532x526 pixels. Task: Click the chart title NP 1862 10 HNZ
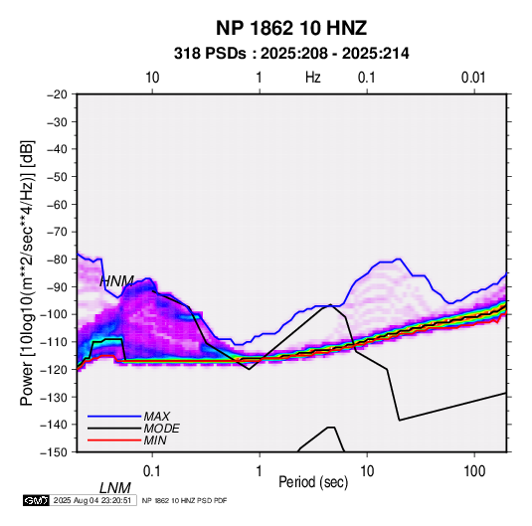click(291, 28)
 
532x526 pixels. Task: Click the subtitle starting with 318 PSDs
click(291, 54)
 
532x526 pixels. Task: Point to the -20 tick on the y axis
click(57, 94)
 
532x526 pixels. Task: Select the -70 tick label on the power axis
click(57, 232)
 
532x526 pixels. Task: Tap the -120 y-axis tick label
click(54, 369)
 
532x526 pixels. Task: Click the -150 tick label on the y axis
click(54, 452)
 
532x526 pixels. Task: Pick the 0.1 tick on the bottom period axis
click(152, 471)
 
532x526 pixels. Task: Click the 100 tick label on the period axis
click(474, 471)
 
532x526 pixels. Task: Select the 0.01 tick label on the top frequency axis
click(473, 78)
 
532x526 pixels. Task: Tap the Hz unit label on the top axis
click(313, 78)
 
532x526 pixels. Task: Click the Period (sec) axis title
click(313, 482)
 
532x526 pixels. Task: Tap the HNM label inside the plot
click(116, 281)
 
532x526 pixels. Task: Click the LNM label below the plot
click(115, 488)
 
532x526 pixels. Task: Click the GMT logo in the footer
click(37, 500)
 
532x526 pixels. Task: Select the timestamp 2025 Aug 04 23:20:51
click(92, 500)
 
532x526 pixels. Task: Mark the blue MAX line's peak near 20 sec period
click(399, 260)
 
